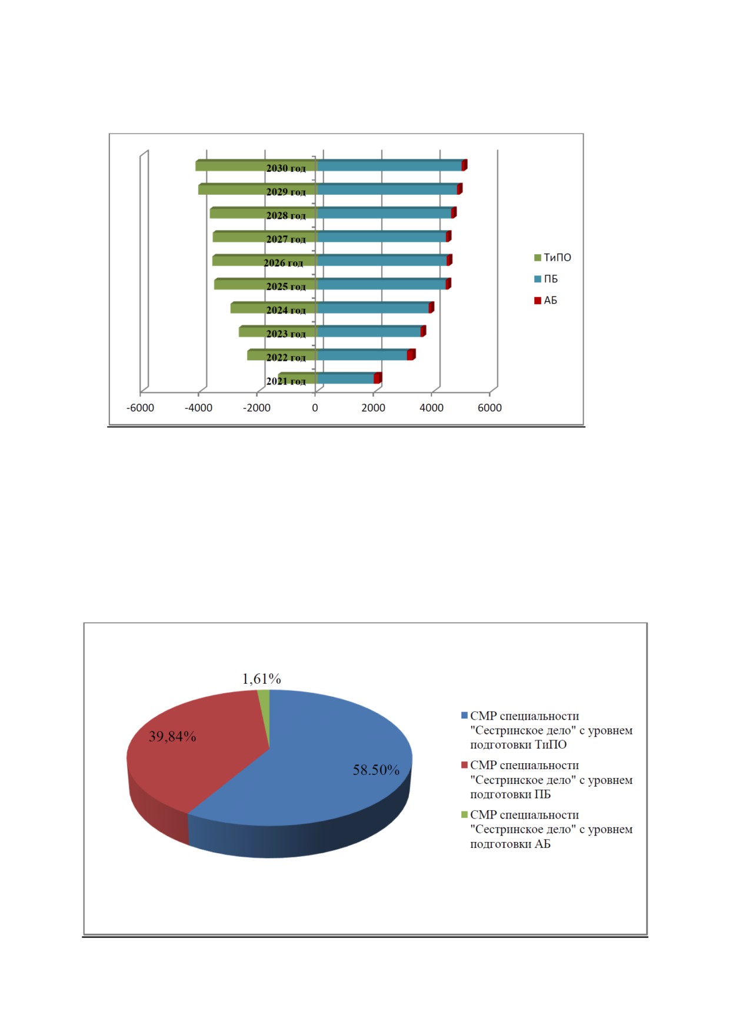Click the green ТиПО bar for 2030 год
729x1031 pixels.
pyautogui.click(x=256, y=165)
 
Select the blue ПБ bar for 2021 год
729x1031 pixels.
pyautogui.click(x=346, y=378)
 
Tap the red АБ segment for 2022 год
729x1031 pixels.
pyautogui.click(x=411, y=354)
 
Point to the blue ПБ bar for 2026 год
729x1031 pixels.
pyautogui.click(x=382, y=260)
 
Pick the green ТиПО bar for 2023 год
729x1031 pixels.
pyautogui.click(x=278, y=331)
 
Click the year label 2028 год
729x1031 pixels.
pyautogui.click(x=286, y=215)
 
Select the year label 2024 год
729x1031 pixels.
pyautogui.click(x=286, y=310)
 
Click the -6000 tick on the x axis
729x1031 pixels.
pyautogui.click(x=140, y=408)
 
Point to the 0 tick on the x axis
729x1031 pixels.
pyautogui.click(x=315, y=408)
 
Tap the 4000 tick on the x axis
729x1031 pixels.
pyautogui.click(x=431, y=408)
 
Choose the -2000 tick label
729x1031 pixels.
pyautogui.click(x=257, y=408)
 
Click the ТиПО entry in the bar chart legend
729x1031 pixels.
pyautogui.click(x=552, y=258)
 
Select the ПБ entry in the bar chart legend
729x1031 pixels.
pyautogui.click(x=546, y=279)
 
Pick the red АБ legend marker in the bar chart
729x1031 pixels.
pyautogui.click(x=537, y=301)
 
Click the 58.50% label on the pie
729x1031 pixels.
pyautogui.click(x=376, y=770)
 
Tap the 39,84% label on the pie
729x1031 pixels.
pyautogui.click(x=172, y=736)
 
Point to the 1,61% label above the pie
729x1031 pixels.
pyautogui.click(x=261, y=679)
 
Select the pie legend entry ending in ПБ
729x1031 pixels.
pyautogui.click(x=547, y=780)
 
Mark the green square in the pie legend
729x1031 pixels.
pyautogui.click(x=464, y=814)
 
